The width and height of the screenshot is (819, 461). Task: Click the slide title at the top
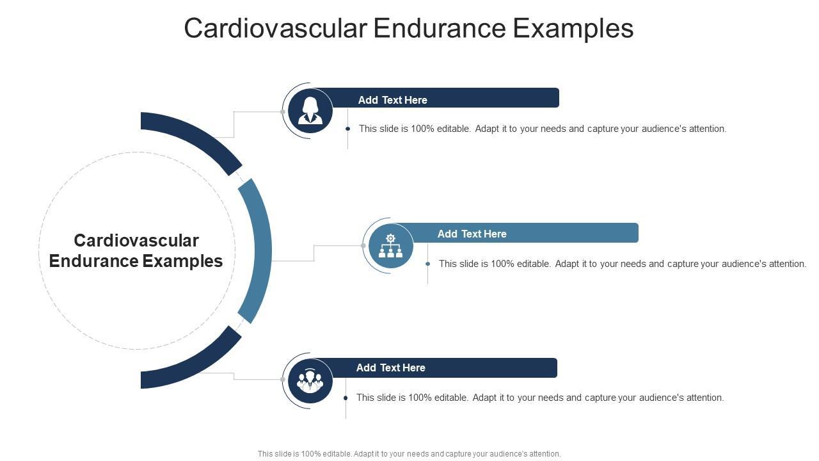pos(409,29)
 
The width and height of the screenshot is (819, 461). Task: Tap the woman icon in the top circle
pos(310,110)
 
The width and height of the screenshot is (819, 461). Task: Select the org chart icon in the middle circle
pos(390,246)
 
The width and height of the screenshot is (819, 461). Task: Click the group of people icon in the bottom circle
pos(310,380)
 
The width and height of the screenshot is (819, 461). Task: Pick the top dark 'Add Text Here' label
pos(392,100)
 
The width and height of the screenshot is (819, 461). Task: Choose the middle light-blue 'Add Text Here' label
pos(472,234)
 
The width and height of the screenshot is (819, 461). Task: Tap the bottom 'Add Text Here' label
pos(390,368)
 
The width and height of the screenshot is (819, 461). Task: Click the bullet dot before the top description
pos(347,129)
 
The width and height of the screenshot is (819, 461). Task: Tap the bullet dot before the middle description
pos(427,264)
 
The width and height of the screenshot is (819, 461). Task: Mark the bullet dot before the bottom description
pos(346,398)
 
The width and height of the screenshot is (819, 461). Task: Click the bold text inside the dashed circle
pos(136,250)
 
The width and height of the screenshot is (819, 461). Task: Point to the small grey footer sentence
pos(409,453)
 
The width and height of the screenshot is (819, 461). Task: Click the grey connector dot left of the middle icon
pos(363,246)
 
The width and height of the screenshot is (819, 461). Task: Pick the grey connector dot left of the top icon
pos(283,111)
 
